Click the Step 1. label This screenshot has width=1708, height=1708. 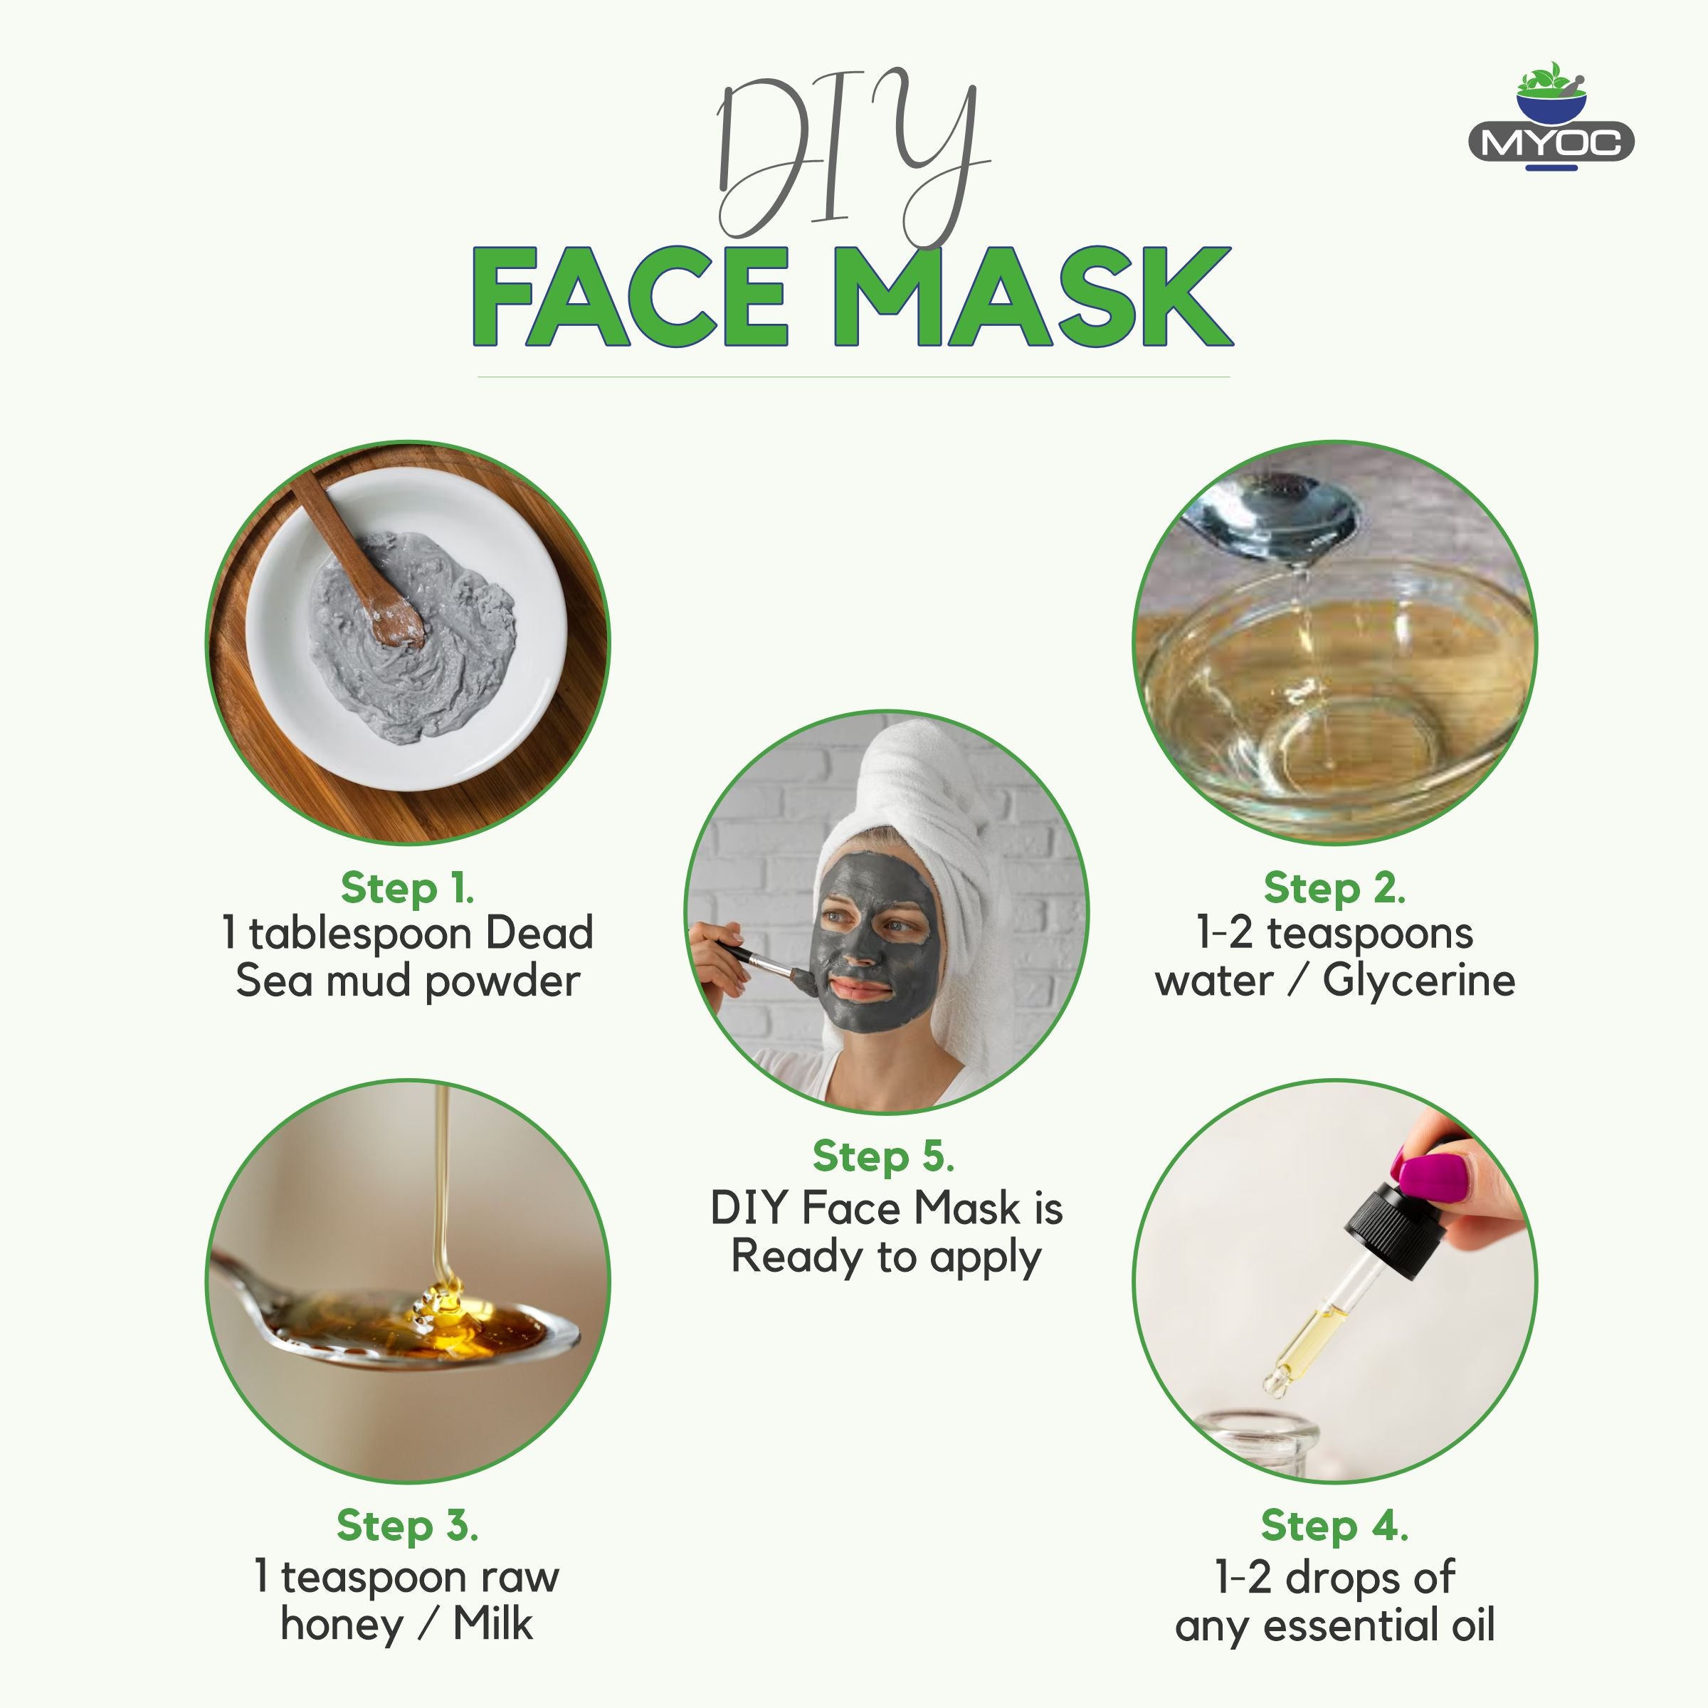click(408, 887)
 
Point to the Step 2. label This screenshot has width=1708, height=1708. click(1335, 887)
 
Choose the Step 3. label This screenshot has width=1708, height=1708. click(408, 1525)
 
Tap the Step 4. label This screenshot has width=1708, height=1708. click(1335, 1525)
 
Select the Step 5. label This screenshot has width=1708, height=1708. click(884, 1156)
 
